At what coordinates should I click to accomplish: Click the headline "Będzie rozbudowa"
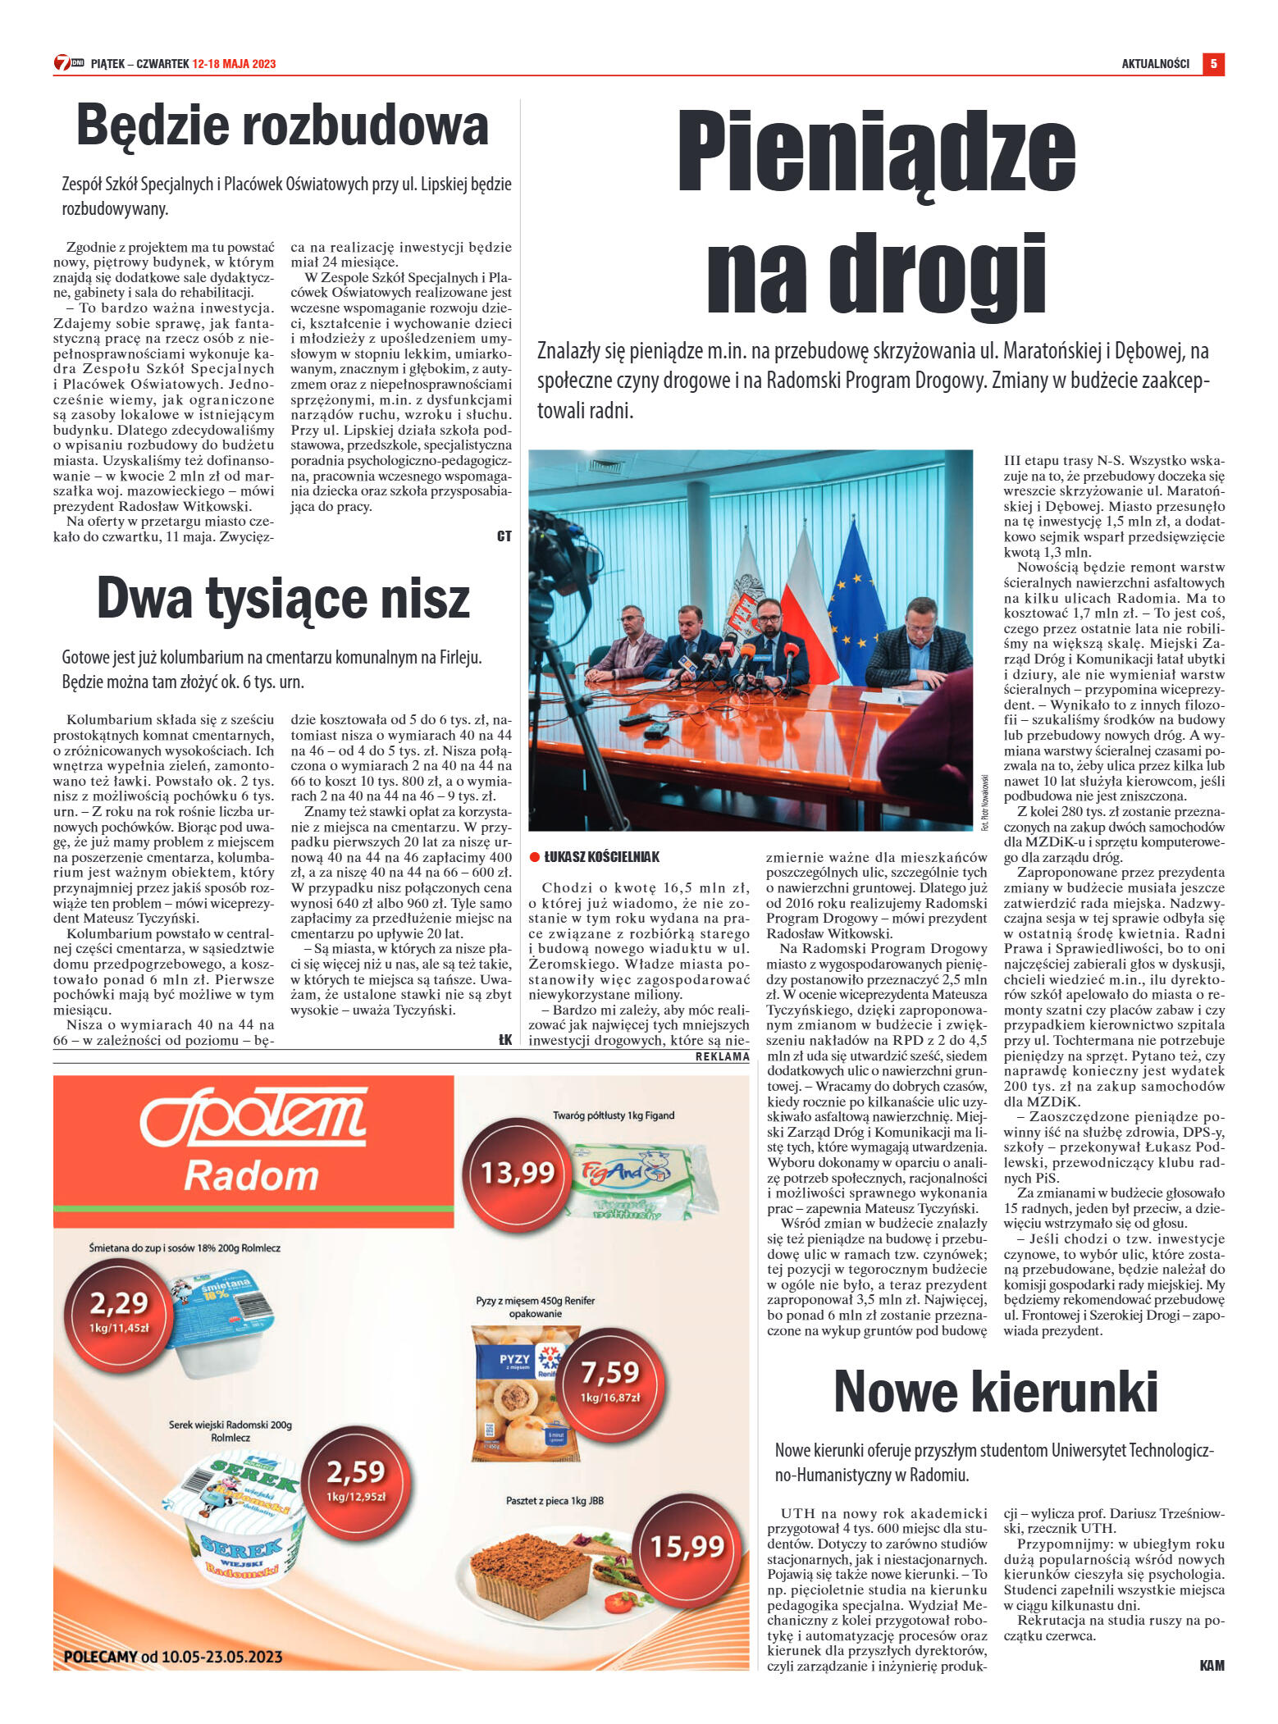[282, 125]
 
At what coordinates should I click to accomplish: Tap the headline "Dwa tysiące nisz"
[283, 599]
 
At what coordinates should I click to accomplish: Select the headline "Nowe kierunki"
[995, 1393]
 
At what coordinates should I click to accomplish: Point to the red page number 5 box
[1213, 64]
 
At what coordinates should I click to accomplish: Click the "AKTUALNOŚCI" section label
[1155, 64]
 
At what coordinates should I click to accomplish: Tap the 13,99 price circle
[517, 1173]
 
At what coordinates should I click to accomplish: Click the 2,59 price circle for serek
[356, 1477]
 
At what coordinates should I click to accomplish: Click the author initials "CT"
[504, 536]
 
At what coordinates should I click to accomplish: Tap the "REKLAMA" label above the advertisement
[722, 1057]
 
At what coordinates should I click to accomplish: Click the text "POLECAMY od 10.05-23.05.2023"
[172, 1657]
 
